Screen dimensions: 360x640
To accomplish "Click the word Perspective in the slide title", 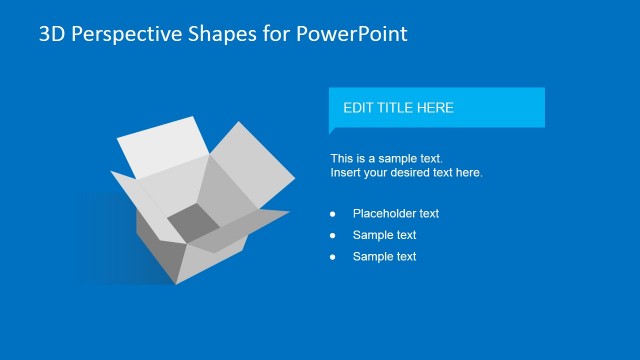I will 114,34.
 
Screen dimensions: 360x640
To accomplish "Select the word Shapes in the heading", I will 203,34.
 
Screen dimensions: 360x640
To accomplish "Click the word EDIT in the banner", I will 358,108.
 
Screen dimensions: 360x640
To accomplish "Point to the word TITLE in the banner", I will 397,108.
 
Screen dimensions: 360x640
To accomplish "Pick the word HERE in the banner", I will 436,108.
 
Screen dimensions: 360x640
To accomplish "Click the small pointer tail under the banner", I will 333,130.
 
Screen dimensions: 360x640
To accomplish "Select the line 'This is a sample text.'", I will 386,158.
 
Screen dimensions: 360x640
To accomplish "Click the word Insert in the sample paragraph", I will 346,173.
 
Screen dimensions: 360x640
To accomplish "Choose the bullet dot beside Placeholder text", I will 333,214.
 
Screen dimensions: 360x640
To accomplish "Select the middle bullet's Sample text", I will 384,236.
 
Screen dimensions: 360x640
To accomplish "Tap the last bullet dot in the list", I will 333,257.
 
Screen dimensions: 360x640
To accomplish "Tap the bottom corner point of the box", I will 176,283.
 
